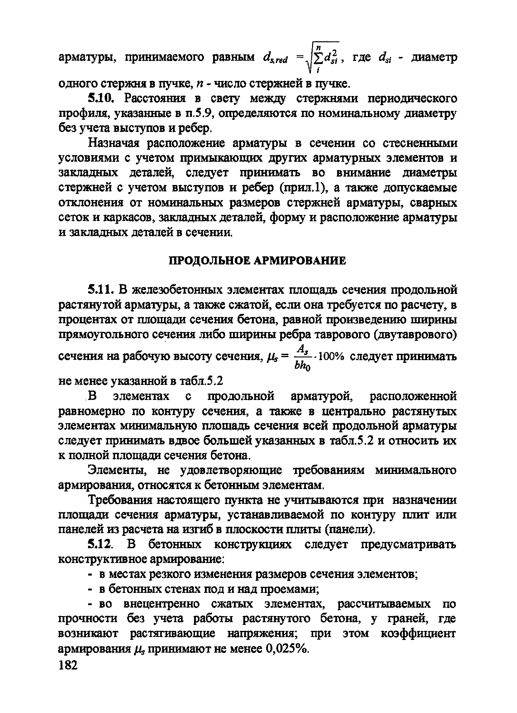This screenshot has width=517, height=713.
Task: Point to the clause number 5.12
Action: (x=100, y=544)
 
